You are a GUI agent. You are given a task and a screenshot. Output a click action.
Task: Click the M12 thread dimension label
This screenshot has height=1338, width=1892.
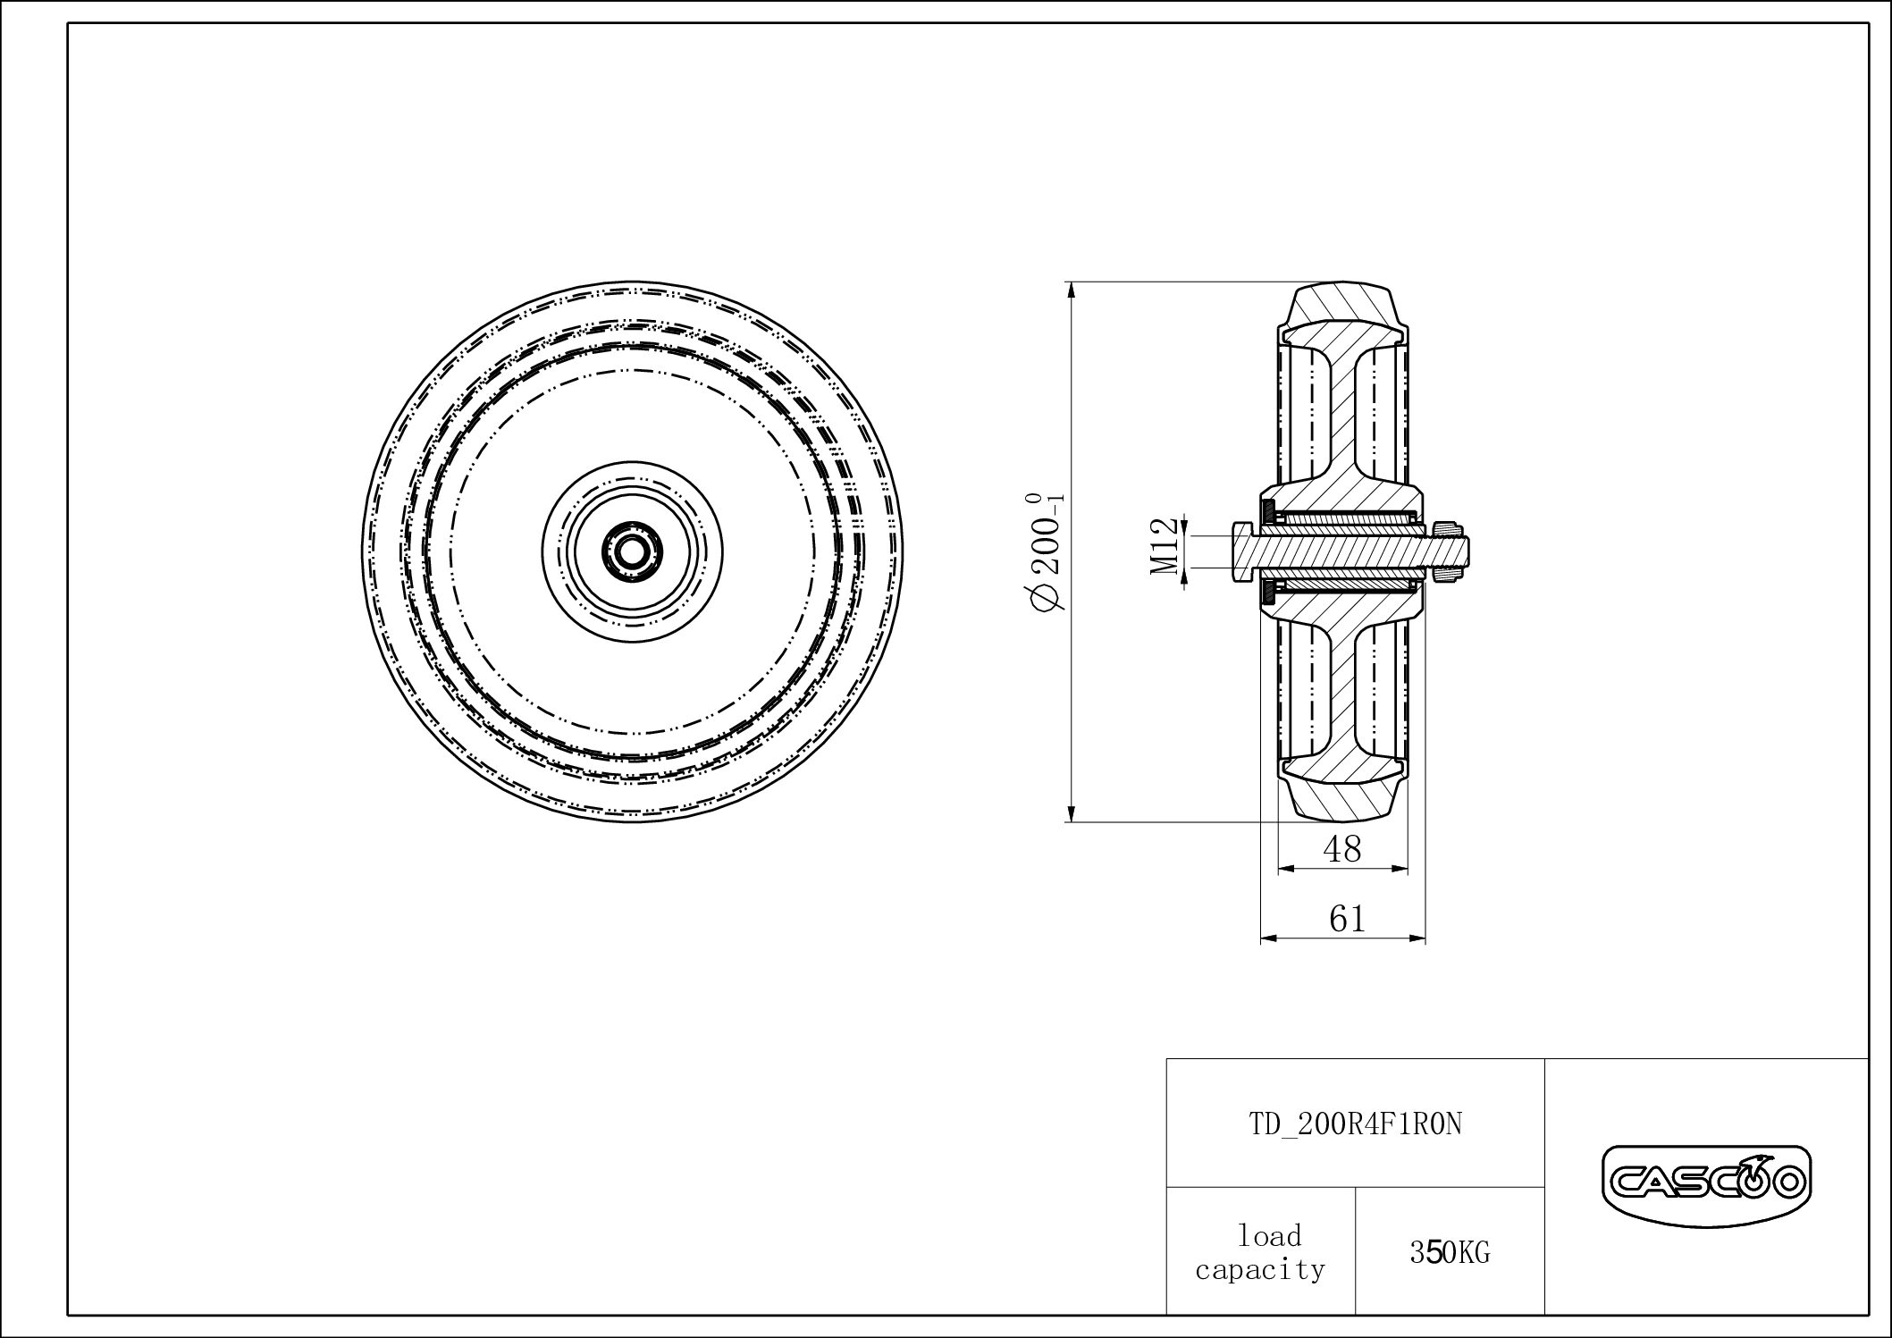click(1163, 546)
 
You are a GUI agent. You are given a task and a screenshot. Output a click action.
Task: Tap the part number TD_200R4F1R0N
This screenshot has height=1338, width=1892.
click(1355, 1124)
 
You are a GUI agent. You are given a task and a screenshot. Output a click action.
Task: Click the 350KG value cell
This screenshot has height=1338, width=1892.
click(1450, 1253)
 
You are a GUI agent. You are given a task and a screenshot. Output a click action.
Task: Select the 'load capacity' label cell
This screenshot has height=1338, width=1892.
click(1260, 1253)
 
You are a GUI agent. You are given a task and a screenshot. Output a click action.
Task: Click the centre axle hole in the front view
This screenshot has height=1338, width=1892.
click(632, 551)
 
